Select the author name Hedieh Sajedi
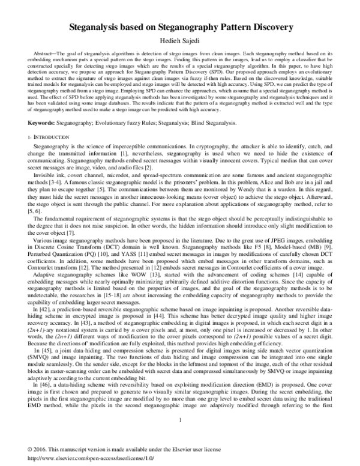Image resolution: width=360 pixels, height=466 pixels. [x=180, y=40]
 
